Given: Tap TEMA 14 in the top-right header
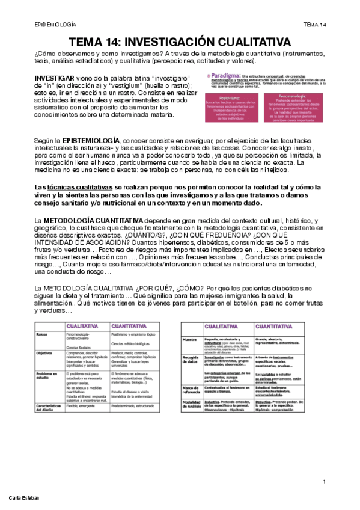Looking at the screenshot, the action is (x=314, y=25).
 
